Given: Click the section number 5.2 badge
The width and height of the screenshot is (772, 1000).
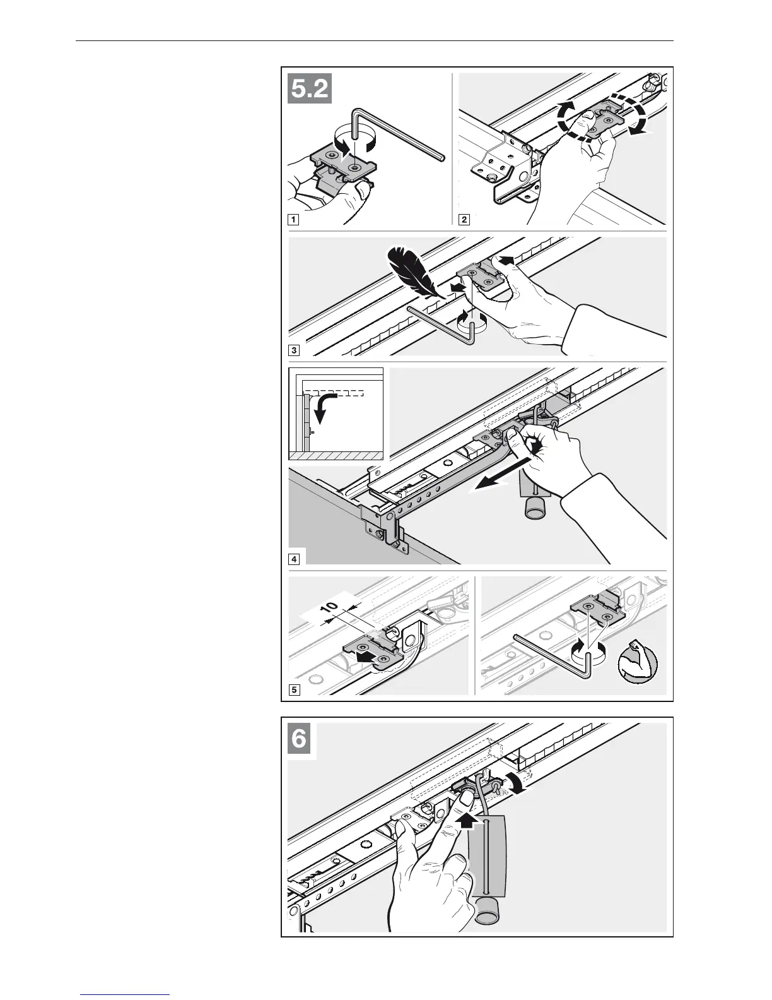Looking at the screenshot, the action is click(x=310, y=89).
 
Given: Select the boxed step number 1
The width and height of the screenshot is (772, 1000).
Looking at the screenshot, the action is click(x=293, y=220).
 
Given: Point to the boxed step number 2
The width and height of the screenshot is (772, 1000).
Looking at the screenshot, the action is click(x=464, y=220).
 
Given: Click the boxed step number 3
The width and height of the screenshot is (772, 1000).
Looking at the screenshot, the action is click(x=293, y=349).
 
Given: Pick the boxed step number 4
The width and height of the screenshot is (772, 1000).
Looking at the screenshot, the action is click(x=293, y=559).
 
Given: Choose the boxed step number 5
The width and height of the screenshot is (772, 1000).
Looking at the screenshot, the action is click(x=293, y=689).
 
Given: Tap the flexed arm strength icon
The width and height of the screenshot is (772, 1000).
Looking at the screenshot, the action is click(x=638, y=662).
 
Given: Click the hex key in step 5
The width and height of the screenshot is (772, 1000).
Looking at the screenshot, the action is click(x=555, y=657).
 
